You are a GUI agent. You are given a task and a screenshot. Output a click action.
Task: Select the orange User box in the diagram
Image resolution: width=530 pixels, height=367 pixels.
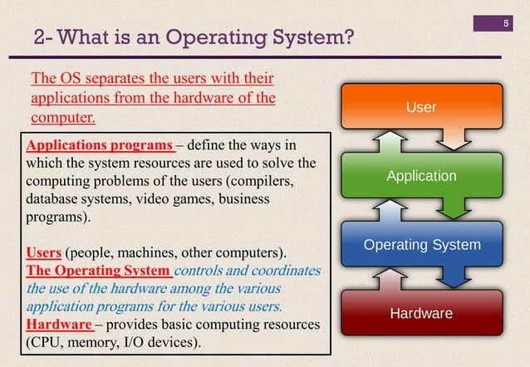[x=420, y=107]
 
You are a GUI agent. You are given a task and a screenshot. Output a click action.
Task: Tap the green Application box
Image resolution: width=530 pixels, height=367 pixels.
[x=420, y=176]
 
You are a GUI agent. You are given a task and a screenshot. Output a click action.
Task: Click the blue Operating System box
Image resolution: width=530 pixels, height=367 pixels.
[x=420, y=245]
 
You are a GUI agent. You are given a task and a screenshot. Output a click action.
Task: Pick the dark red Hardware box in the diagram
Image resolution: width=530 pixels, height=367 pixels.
[x=420, y=313]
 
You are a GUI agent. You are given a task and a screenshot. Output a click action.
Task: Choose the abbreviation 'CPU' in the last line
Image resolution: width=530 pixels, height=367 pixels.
[x=47, y=344]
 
